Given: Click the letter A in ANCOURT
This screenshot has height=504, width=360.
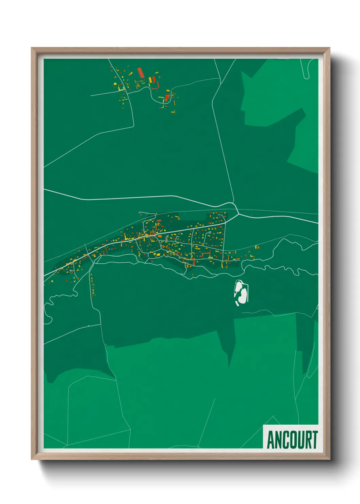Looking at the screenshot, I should [x=271, y=440].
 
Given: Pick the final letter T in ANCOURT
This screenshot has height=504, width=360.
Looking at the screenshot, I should [x=315, y=440].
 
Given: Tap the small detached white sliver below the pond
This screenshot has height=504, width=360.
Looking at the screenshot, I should [x=237, y=303].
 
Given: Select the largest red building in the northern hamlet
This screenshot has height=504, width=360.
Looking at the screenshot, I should [x=140, y=73].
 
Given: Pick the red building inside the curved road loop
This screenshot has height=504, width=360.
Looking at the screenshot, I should [x=167, y=98].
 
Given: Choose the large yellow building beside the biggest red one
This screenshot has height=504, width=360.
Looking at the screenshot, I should [x=150, y=80].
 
